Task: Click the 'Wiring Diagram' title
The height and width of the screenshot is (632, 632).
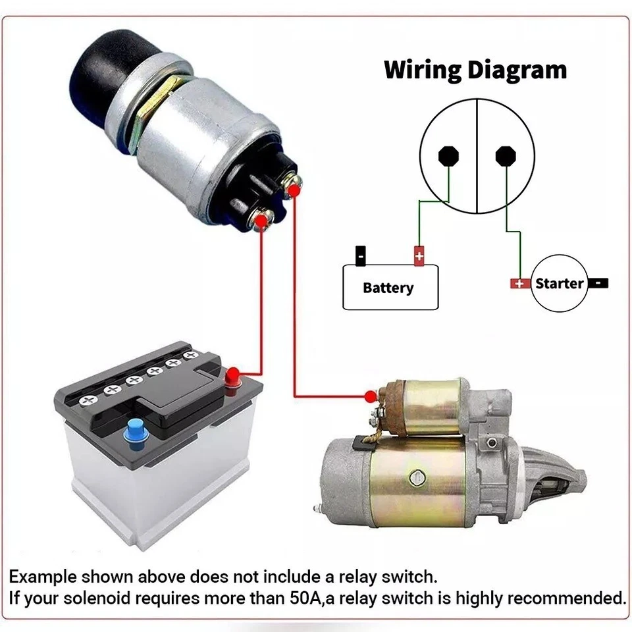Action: [475, 70]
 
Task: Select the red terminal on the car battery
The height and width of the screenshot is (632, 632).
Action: [233, 378]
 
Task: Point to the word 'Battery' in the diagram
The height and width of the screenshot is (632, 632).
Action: [388, 288]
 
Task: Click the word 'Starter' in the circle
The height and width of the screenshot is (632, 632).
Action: [559, 284]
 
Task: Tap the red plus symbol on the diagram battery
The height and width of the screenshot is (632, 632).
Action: [419, 255]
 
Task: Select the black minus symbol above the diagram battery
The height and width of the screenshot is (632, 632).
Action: [360, 255]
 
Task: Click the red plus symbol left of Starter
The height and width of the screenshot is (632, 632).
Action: [520, 284]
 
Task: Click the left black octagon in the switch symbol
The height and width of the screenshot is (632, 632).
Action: [448, 155]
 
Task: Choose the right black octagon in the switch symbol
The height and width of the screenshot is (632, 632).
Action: [505, 155]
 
